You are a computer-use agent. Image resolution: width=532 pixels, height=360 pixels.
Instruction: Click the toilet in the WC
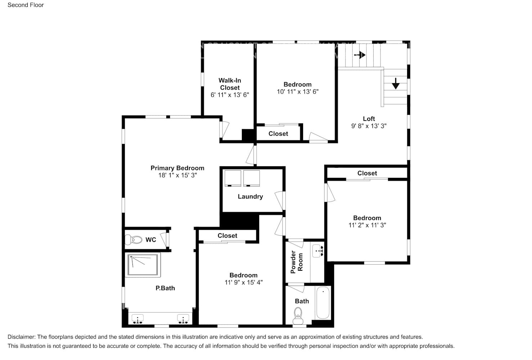[x=133, y=239]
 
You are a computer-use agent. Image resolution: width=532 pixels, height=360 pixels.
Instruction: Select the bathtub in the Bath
[x=323, y=303]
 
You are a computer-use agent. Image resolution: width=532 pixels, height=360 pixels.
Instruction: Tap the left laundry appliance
[x=233, y=178]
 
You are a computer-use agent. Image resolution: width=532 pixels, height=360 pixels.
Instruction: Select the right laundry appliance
[x=251, y=178]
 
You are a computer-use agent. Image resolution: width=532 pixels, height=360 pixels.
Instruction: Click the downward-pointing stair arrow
[x=396, y=84]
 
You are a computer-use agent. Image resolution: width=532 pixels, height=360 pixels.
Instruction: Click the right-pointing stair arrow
[x=360, y=55]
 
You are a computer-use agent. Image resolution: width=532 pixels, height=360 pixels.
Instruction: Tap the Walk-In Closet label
[x=230, y=84]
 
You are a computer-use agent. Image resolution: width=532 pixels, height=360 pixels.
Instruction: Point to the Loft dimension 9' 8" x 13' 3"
[x=369, y=126]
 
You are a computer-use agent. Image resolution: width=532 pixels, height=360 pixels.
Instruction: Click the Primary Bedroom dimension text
[x=177, y=175]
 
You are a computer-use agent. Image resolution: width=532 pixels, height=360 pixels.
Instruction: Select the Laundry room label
[x=250, y=197]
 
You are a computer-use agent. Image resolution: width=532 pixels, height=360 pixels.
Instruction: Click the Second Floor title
[x=26, y=5]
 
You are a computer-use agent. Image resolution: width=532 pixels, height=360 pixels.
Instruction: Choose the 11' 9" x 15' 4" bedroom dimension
[x=243, y=283]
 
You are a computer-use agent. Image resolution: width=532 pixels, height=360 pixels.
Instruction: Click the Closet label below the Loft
[x=367, y=173]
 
